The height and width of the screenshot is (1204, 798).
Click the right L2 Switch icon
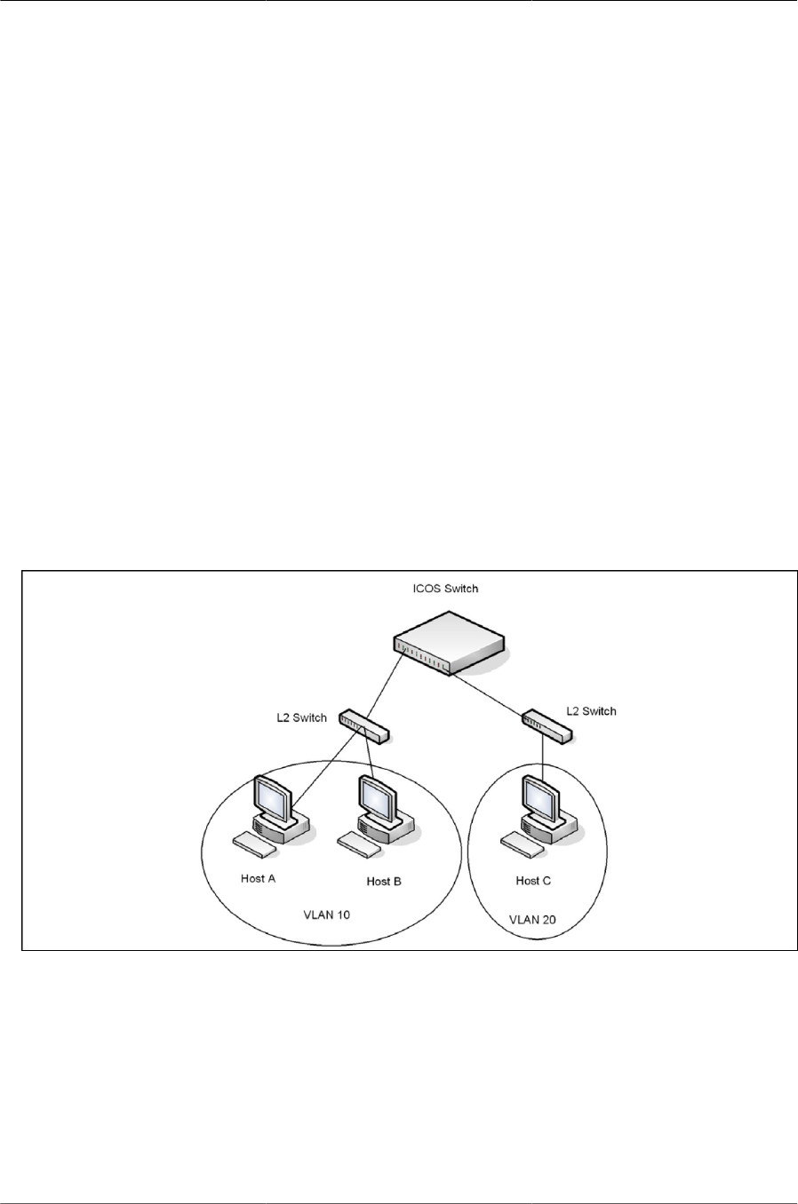(x=547, y=726)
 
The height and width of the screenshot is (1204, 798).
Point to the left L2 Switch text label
(x=301, y=717)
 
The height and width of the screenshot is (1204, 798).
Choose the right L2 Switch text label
(x=591, y=711)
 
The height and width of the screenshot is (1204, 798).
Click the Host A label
(x=258, y=879)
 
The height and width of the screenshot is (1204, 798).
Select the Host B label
(x=384, y=882)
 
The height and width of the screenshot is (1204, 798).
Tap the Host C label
(x=533, y=881)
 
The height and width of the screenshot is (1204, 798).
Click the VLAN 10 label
(x=327, y=915)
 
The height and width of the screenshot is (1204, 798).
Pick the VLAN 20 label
(x=532, y=920)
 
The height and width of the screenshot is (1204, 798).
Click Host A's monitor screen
(x=270, y=796)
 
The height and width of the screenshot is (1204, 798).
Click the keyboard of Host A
(x=252, y=844)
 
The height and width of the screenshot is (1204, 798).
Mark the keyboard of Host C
(x=522, y=844)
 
